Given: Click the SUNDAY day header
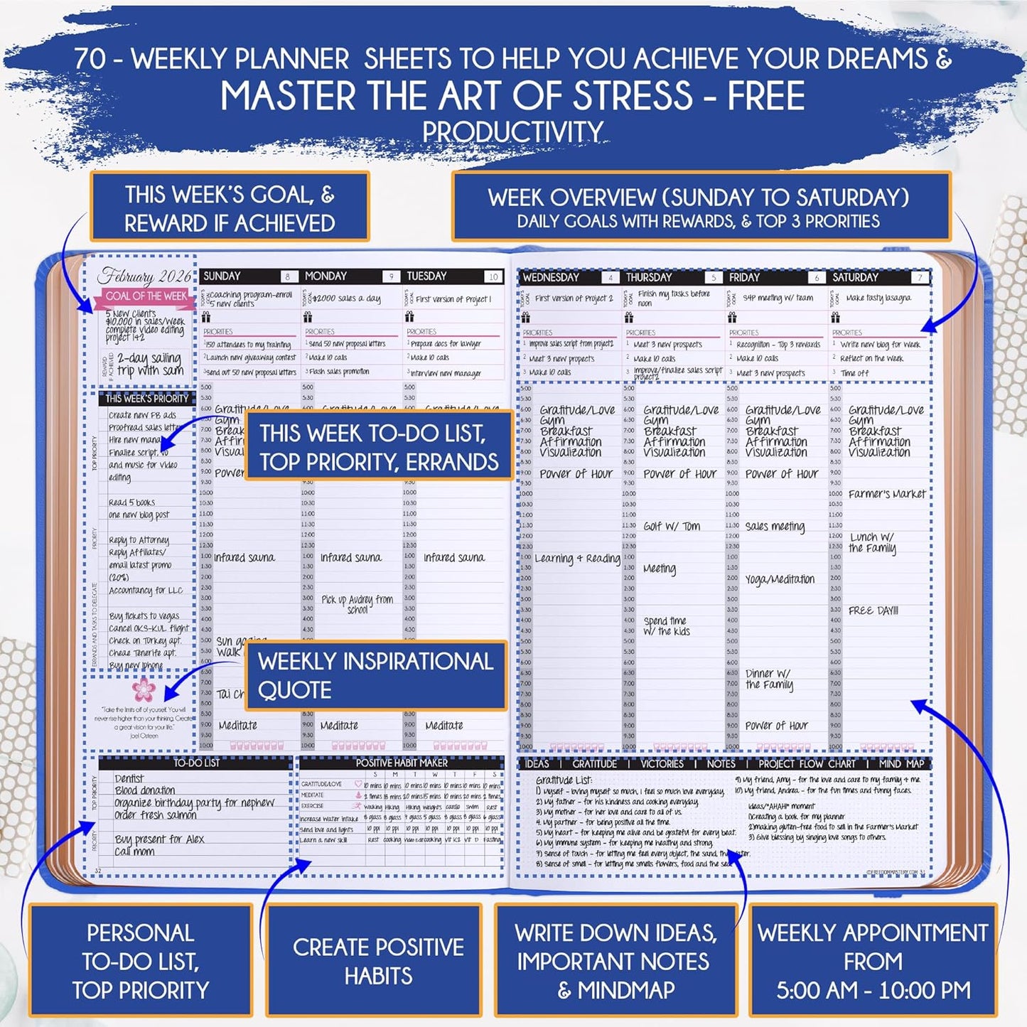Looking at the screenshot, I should pyautogui.click(x=222, y=276).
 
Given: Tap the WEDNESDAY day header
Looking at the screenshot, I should pyautogui.click(x=551, y=278).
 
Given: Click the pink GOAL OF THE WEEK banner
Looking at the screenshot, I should pyautogui.click(x=146, y=296).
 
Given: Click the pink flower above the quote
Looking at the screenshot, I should pyautogui.click(x=144, y=689).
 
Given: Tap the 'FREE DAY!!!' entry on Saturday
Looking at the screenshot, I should pyautogui.click(x=873, y=611).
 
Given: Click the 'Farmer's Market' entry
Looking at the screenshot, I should pyautogui.click(x=887, y=494).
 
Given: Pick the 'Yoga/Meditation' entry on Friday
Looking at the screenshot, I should pyautogui.click(x=780, y=579).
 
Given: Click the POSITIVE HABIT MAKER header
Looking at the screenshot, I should pyautogui.click(x=402, y=763).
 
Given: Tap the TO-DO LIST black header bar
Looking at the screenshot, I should pyautogui.click(x=196, y=763).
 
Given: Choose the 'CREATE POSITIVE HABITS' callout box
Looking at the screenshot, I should pyautogui.click(x=377, y=961).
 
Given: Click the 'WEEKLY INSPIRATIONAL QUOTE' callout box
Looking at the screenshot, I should pyautogui.click(x=375, y=675).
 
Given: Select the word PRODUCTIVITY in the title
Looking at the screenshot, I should pyautogui.click(x=512, y=131).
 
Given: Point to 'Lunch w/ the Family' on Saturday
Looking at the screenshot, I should pyautogui.click(x=872, y=542).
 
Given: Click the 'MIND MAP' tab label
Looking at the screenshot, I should pyautogui.click(x=901, y=764).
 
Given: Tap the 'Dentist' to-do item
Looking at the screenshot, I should pyautogui.click(x=129, y=779).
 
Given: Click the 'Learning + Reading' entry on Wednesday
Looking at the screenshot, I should pyautogui.click(x=577, y=559).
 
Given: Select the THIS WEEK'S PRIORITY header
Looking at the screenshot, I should pyautogui.click(x=147, y=399).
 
